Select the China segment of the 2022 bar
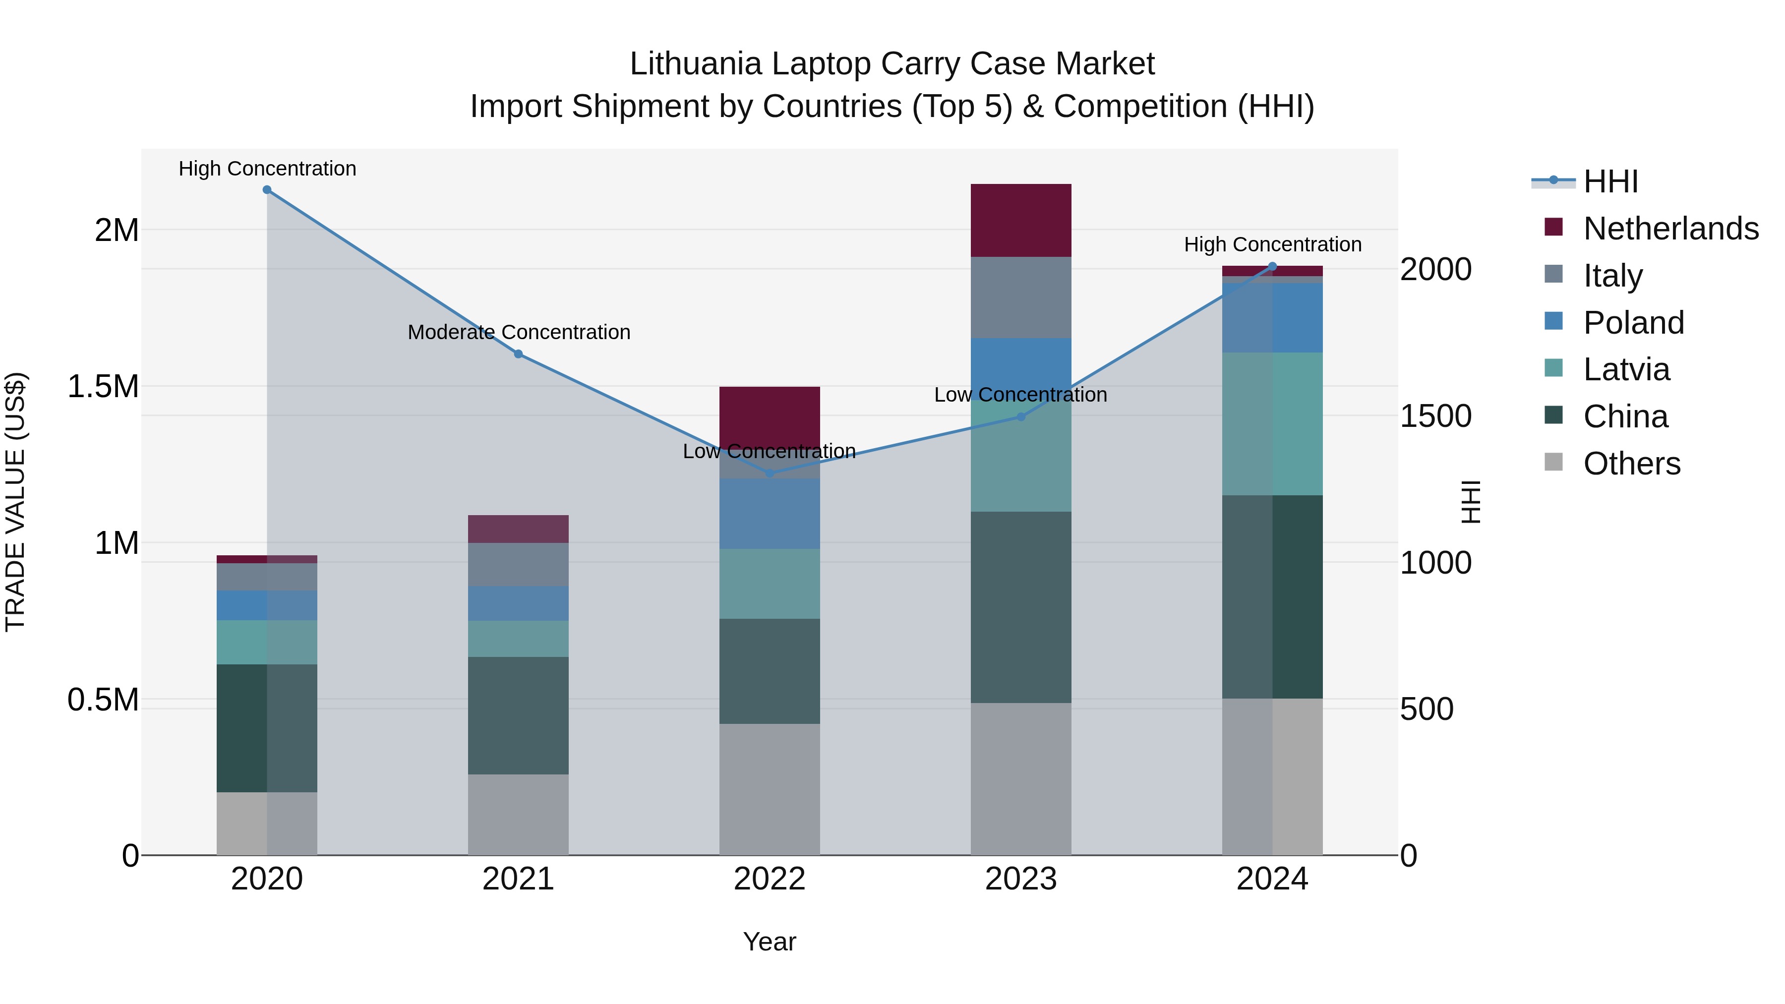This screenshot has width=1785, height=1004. tap(769, 671)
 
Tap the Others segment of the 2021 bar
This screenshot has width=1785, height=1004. tap(518, 814)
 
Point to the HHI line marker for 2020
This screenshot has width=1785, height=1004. tap(267, 190)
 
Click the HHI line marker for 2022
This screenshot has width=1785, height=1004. tap(769, 473)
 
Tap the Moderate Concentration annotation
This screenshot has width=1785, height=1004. tap(518, 333)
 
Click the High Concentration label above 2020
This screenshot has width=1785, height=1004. tap(267, 169)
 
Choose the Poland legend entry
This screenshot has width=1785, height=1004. tap(1633, 323)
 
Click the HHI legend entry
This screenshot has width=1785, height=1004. tap(1610, 181)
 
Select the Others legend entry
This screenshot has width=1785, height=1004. tap(1631, 464)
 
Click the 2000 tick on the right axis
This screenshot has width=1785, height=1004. tap(1435, 270)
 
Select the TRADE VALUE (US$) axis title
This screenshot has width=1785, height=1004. tap(15, 502)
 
